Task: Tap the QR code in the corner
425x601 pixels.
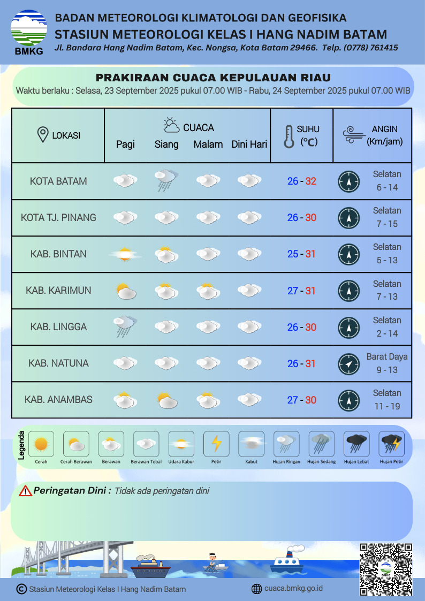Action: coord(386,569)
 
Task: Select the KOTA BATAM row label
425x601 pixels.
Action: coord(58,181)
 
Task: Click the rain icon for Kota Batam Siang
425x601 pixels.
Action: coord(166,180)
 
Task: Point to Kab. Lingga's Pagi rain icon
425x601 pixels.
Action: coord(125,326)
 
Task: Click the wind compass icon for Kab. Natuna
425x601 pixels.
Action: coord(348,364)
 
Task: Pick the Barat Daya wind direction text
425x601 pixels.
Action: coord(387,356)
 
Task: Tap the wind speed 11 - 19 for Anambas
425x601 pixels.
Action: coord(387,406)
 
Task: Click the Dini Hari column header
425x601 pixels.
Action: coord(249,144)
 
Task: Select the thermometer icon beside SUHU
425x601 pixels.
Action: coord(289,136)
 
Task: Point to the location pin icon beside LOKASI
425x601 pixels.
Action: coord(43,135)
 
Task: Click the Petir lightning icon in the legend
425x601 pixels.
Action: coord(216,444)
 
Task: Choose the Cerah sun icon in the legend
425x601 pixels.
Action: coord(41,444)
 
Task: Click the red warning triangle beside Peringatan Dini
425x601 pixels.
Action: coord(25,491)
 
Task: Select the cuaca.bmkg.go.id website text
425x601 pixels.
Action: coord(293,589)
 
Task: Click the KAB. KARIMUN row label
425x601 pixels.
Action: coord(58,290)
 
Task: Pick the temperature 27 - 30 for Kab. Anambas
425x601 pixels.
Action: coord(301,400)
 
